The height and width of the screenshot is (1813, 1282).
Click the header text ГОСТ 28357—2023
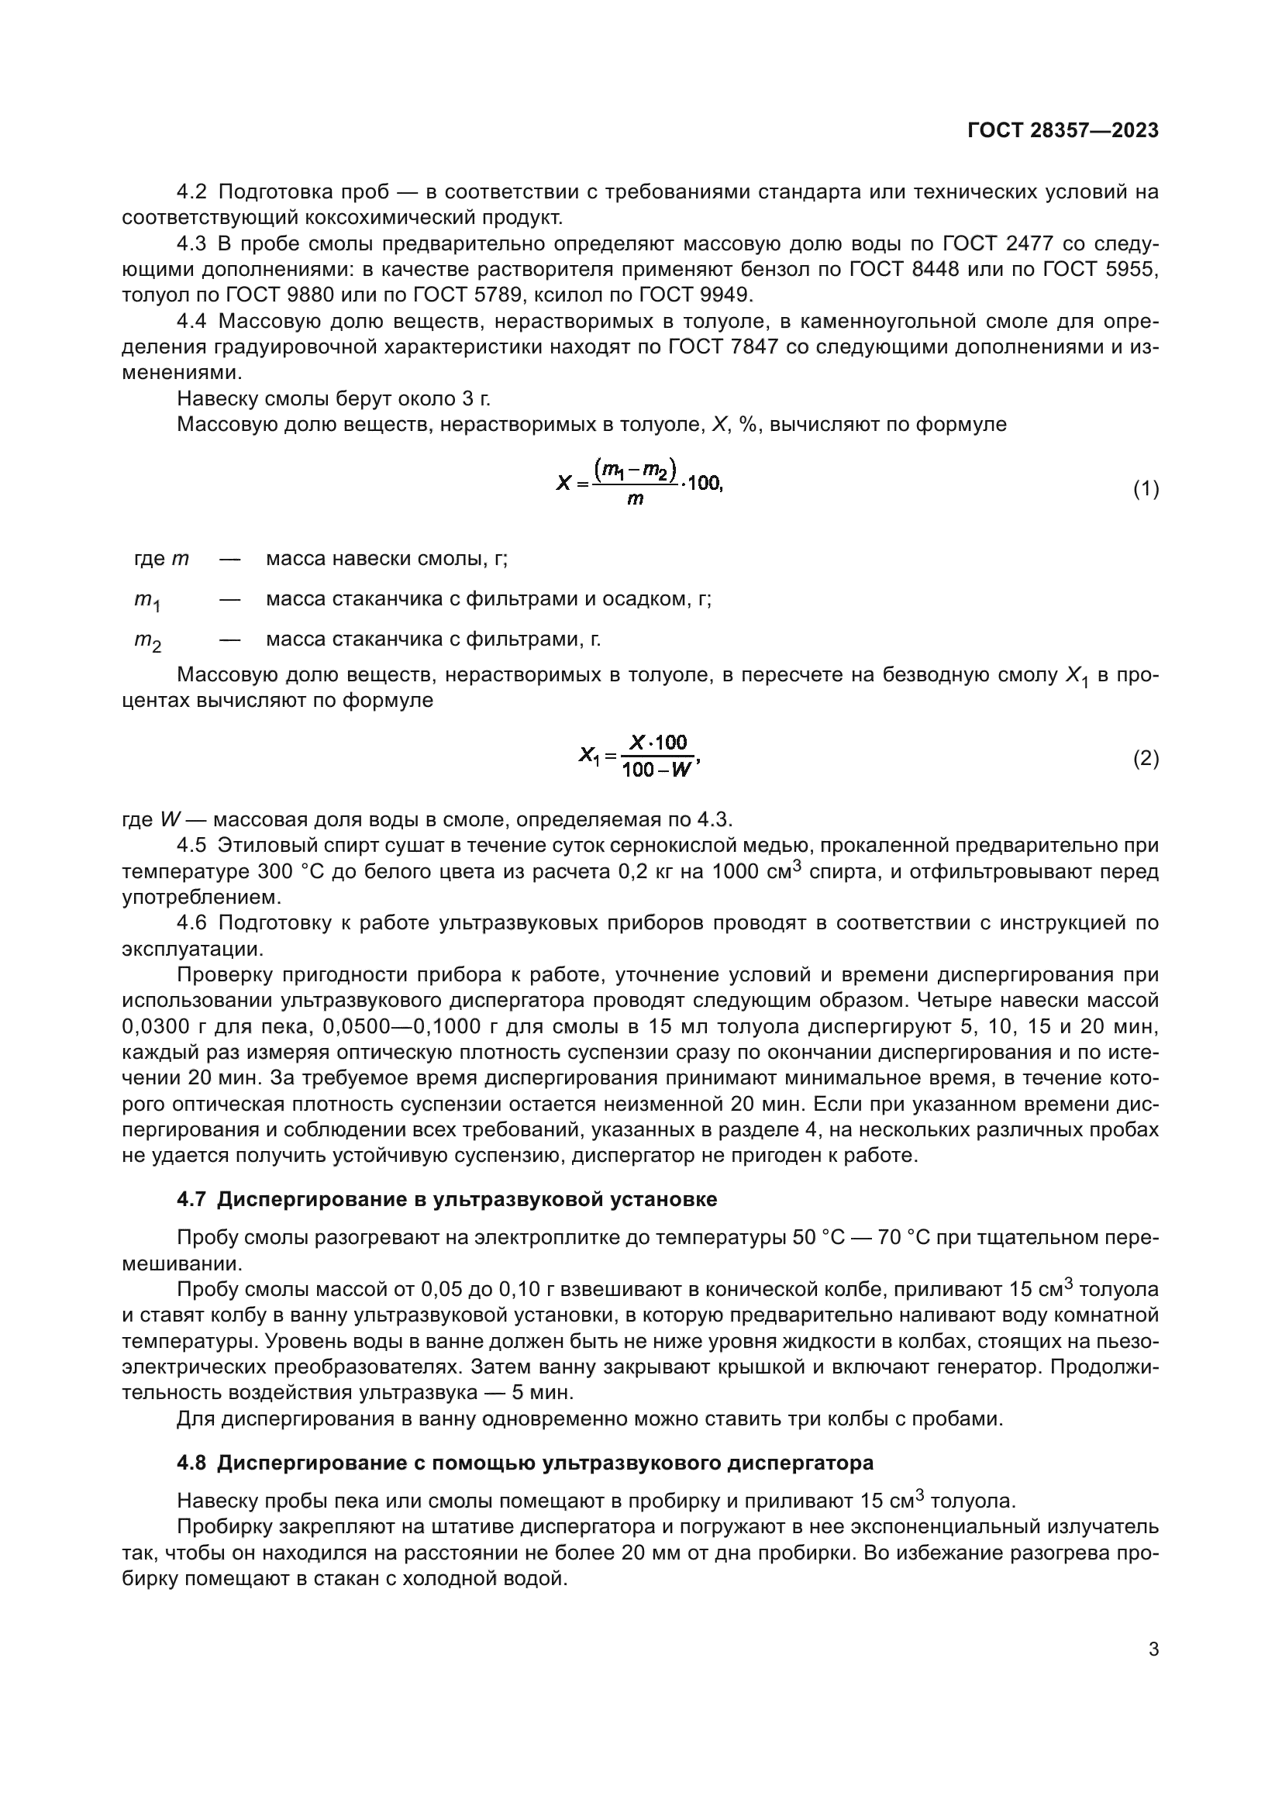1063,131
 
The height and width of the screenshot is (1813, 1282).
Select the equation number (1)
1146,489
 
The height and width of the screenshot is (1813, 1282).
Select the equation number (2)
1146,759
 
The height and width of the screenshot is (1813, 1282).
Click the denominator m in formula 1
635,499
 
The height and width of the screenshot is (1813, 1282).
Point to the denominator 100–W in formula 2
656,770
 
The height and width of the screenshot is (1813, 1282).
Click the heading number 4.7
191,1199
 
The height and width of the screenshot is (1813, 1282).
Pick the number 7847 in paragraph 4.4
750,346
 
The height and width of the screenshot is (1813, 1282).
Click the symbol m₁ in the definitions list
146,601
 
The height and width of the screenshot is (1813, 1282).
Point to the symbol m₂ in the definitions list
146,641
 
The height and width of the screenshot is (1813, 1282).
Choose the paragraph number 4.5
191,846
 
